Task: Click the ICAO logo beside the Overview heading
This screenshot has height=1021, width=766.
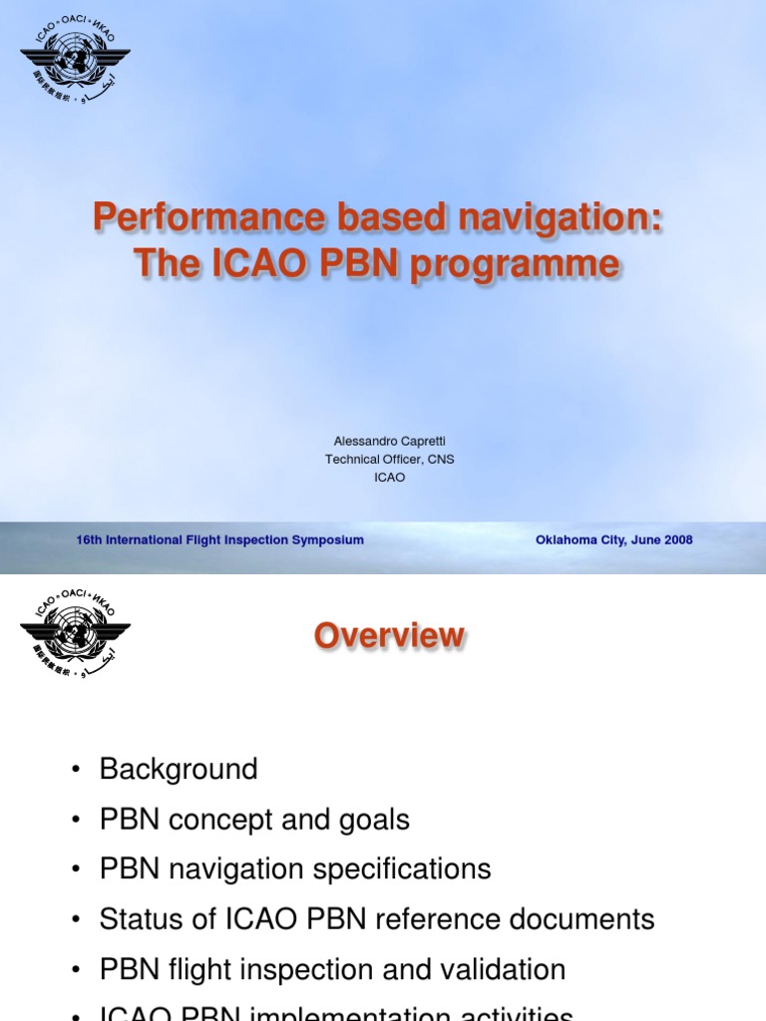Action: [x=75, y=632]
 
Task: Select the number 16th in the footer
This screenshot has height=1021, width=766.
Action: [x=90, y=540]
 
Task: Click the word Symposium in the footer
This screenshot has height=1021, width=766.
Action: [x=329, y=540]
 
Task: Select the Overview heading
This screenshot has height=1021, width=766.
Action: [x=390, y=636]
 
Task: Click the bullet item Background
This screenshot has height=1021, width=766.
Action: [x=179, y=770]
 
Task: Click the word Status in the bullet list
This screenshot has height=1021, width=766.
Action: [x=138, y=918]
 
